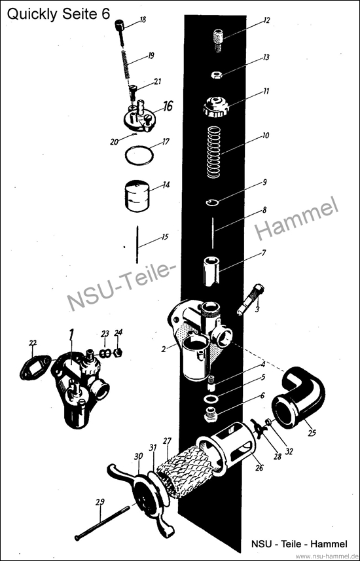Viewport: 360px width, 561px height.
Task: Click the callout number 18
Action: [x=143, y=20]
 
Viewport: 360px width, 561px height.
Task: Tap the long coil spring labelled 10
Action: [x=216, y=153]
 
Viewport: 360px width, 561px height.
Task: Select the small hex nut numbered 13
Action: [x=217, y=75]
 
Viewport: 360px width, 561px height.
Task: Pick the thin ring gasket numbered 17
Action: [x=139, y=155]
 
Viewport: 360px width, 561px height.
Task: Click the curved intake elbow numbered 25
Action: [x=300, y=399]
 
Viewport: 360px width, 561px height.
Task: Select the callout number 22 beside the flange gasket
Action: [x=33, y=343]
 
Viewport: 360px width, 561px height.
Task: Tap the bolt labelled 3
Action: [x=251, y=299]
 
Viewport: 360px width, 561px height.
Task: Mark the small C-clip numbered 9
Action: [x=213, y=203]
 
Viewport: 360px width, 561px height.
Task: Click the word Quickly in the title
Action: [x=29, y=14]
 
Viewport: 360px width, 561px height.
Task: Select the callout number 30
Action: [x=139, y=456]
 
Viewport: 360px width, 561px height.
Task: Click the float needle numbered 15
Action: [x=137, y=245]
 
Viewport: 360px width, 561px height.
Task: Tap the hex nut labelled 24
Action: [x=118, y=353]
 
